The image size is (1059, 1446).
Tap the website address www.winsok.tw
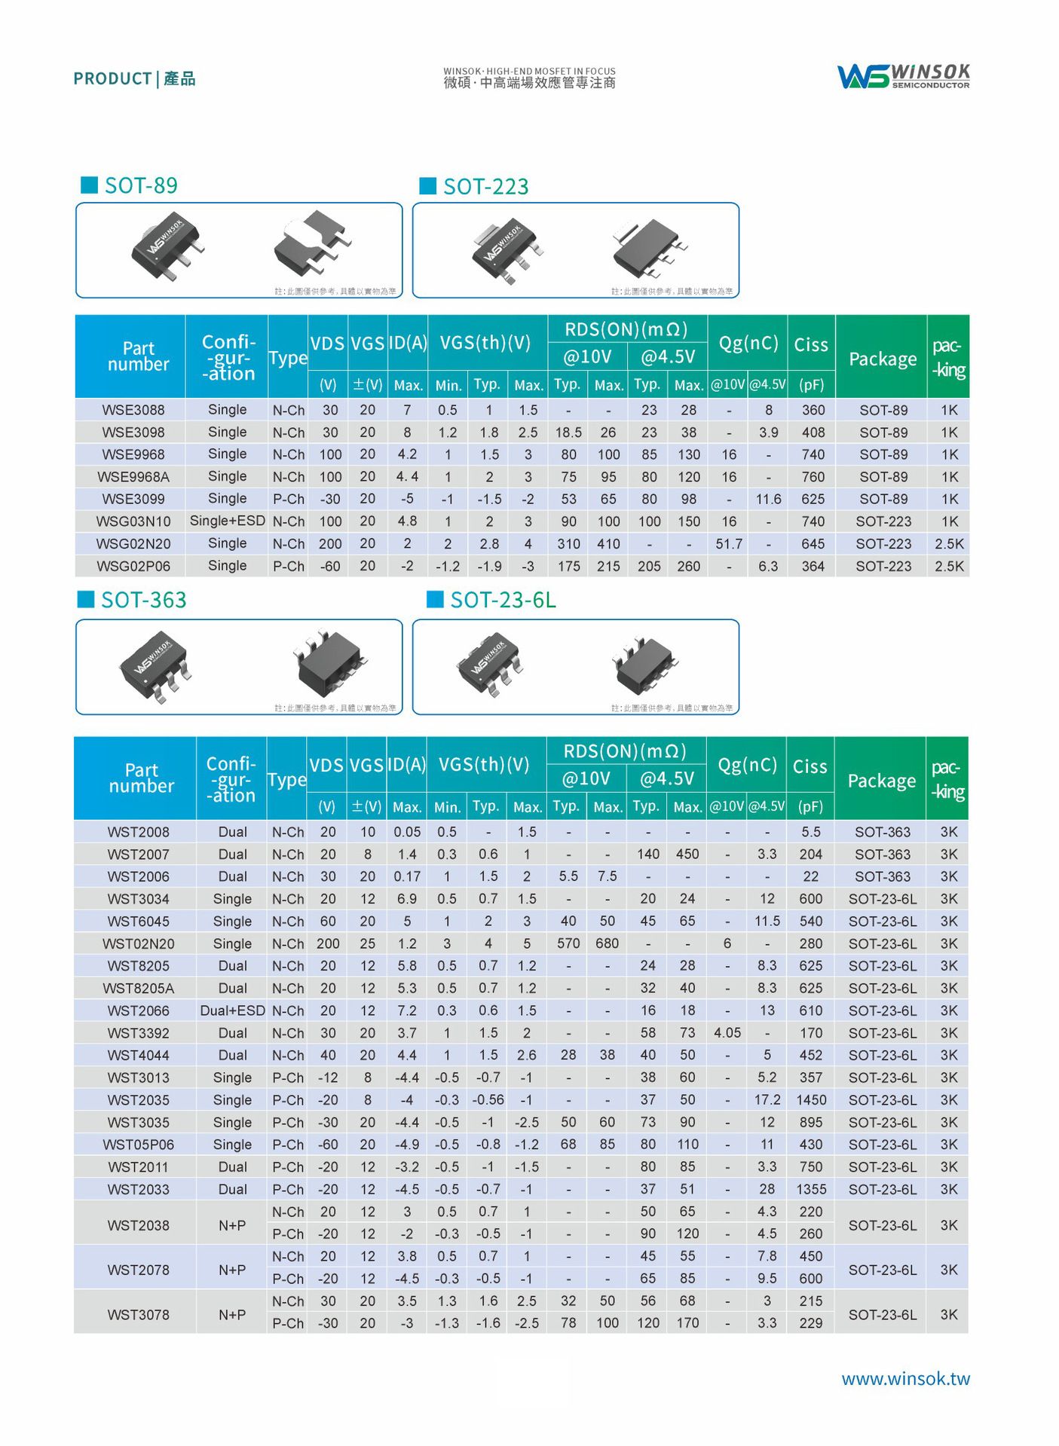(x=905, y=1378)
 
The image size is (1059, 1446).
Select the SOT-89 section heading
(x=140, y=185)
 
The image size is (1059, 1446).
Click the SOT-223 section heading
(x=485, y=186)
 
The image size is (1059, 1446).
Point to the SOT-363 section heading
(x=143, y=600)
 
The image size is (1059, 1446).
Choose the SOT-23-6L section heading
(x=503, y=600)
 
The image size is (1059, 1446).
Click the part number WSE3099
(x=133, y=499)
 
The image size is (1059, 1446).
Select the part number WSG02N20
(x=133, y=543)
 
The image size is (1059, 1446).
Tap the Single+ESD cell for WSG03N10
(x=228, y=521)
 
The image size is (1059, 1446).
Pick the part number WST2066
(x=138, y=1010)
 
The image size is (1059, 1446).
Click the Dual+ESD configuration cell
(x=232, y=1010)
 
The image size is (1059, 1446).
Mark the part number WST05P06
(x=138, y=1145)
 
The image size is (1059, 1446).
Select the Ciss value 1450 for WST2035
(x=811, y=1100)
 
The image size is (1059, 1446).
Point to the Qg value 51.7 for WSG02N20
(x=729, y=543)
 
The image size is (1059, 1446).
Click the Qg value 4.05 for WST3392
(x=727, y=1033)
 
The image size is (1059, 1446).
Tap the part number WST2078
(x=138, y=1270)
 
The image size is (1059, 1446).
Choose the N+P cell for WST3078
(x=232, y=1314)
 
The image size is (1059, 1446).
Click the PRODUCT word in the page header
(x=112, y=78)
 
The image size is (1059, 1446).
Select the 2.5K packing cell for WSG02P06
(x=949, y=566)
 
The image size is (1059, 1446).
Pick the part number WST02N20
(x=138, y=943)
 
